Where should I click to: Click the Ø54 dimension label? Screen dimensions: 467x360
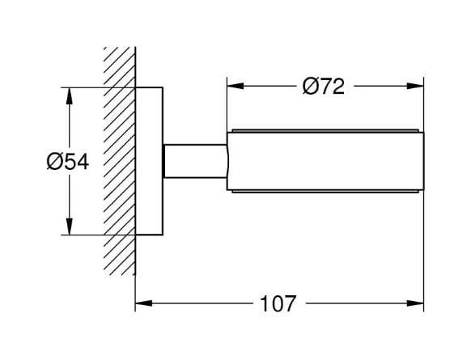click(68, 163)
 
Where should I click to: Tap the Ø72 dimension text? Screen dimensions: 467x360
click(324, 87)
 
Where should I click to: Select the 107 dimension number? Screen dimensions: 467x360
click(278, 303)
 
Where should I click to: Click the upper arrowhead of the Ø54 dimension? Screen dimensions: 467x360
click(69, 95)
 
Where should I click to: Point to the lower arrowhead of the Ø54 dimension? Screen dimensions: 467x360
click(69, 227)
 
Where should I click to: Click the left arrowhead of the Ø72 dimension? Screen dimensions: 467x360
click(236, 86)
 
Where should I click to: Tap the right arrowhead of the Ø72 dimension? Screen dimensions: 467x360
click(415, 86)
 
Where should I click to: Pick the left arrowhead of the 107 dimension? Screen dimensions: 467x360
click(144, 303)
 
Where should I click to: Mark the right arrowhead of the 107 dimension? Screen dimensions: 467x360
click(415, 303)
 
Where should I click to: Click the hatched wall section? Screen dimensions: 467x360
click(120, 161)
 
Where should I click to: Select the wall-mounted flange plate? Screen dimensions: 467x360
click(149, 161)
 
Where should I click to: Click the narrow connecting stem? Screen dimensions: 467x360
click(195, 161)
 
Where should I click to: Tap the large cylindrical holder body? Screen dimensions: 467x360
click(325, 161)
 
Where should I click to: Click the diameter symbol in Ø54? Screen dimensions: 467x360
click(54, 163)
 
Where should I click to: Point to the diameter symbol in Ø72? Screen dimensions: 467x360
click(310, 87)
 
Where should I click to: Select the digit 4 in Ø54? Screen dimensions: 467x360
click(82, 163)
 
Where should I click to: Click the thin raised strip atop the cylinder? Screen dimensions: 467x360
click(325, 131)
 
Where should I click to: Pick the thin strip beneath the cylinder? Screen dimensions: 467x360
click(325, 192)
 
